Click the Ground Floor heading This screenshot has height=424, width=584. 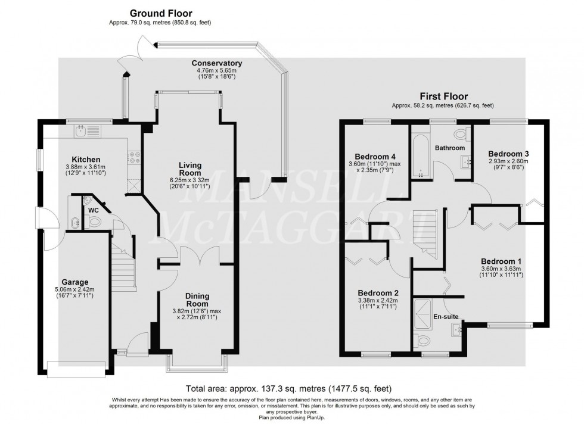(161, 13)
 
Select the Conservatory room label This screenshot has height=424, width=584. (216, 63)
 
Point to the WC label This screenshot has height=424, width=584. (93, 210)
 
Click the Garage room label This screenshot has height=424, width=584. (75, 282)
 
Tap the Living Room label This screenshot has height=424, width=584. (190, 169)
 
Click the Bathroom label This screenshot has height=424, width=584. (449, 147)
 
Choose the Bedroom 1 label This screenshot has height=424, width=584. (501, 260)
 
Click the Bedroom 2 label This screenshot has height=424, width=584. (378, 293)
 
